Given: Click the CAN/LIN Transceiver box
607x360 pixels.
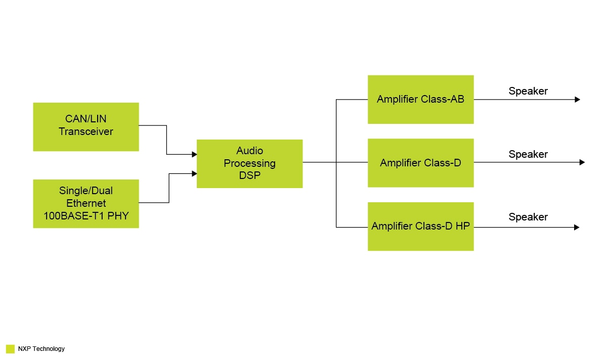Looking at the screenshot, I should click(86, 126).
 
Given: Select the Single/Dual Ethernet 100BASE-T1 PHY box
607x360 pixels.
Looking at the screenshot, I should click(86, 203).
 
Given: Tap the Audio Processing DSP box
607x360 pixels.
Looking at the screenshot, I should click(249, 163).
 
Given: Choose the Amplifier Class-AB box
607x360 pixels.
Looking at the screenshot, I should click(420, 99).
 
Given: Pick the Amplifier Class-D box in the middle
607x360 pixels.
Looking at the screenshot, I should click(420, 163).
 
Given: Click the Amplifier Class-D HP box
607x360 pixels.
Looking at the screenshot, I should click(420, 226).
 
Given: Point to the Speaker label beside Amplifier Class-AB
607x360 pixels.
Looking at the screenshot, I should click(528, 91).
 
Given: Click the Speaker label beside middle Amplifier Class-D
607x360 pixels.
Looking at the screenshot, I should click(528, 154).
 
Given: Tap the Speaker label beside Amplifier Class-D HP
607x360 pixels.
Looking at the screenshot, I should click(528, 217).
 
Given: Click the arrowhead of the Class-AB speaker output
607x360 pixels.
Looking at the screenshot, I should click(577, 100).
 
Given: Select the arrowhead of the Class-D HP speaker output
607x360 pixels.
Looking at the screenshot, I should click(577, 228).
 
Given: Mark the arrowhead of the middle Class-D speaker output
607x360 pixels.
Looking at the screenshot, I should click(582, 162).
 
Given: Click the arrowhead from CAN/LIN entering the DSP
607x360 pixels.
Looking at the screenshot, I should click(194, 155).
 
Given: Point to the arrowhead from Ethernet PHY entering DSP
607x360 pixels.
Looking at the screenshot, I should click(194, 173).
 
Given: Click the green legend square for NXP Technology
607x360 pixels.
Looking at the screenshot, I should click(10, 349).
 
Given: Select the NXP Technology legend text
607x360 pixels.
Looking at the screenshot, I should click(41, 349).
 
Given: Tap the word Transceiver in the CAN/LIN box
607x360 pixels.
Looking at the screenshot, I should click(86, 132).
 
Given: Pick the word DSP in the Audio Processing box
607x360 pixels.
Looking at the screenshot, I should click(249, 175).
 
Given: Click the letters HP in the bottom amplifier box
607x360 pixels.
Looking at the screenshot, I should click(462, 226).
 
